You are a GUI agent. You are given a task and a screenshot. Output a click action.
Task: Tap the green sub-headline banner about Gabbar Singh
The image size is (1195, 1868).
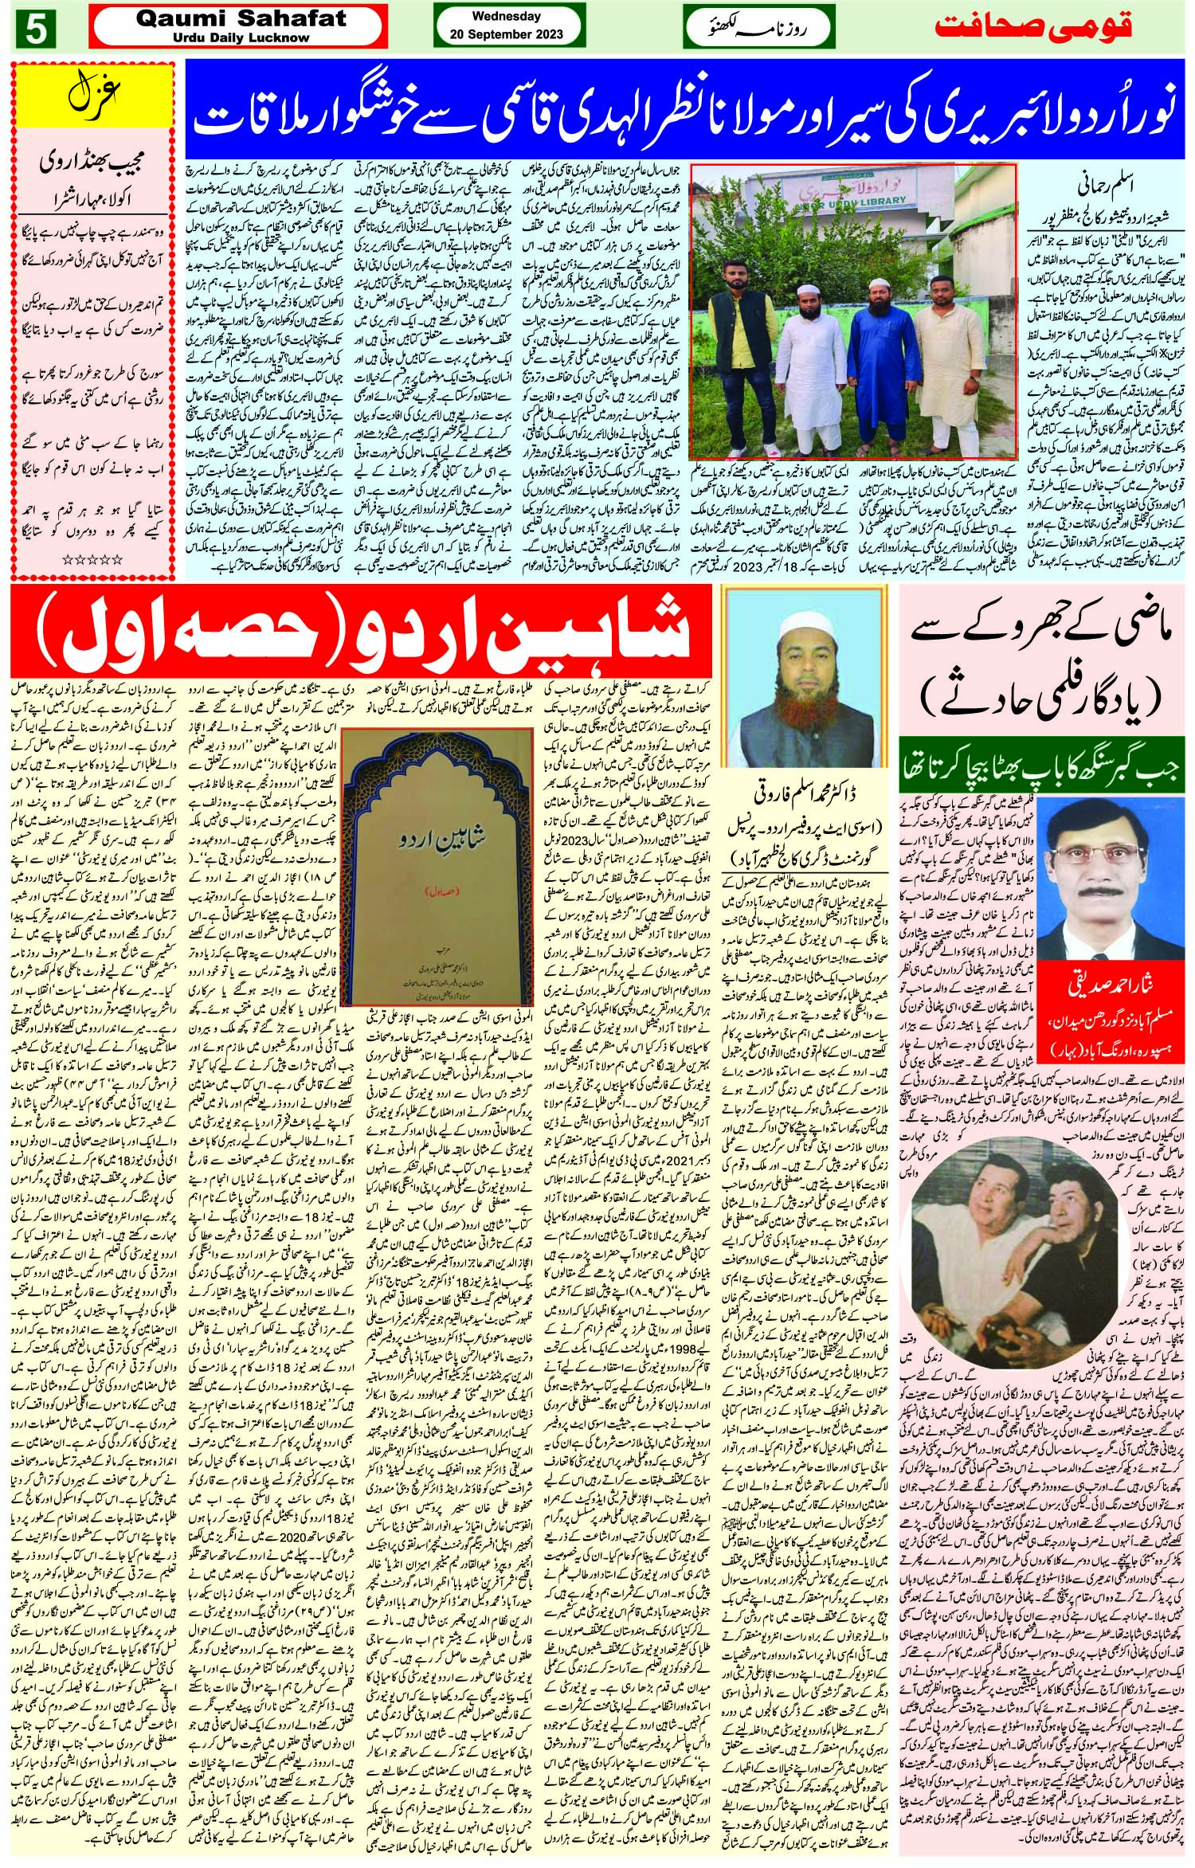[x=1040, y=772]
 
